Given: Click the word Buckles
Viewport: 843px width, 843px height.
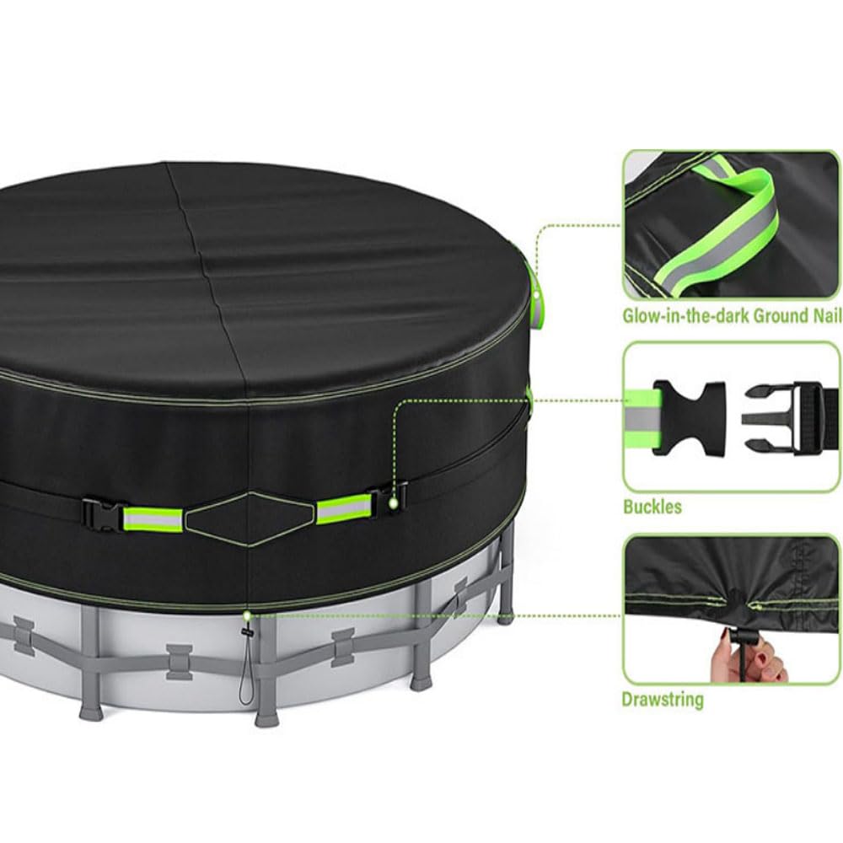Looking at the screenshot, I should coord(652,507).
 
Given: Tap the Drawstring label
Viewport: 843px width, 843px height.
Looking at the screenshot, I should coord(663,699).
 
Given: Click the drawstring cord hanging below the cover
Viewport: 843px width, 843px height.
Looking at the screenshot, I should coord(245,666).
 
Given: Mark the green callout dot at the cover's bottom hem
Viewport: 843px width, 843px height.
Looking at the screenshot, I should coord(246,616).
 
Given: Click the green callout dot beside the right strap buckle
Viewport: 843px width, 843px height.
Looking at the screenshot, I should coord(394,503).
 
